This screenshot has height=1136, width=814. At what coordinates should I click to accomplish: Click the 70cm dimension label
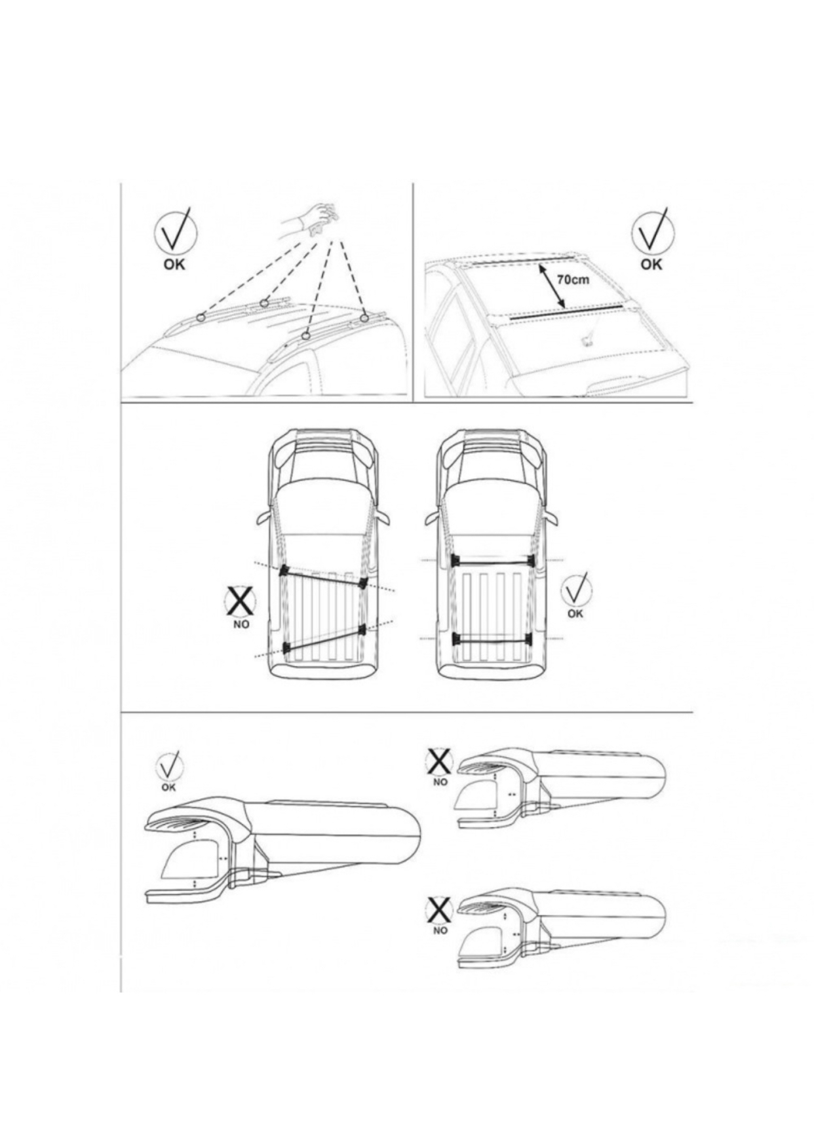(573, 279)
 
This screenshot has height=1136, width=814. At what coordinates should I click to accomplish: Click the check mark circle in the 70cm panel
(653, 232)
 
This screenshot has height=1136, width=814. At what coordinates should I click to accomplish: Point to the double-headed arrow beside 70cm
(552, 285)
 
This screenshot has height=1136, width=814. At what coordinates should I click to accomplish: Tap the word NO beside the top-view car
(241, 624)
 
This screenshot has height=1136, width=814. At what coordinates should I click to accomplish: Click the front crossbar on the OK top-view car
(492, 561)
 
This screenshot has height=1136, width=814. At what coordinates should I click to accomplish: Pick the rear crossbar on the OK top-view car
(492, 638)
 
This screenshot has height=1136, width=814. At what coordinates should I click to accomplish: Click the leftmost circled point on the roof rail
(201, 317)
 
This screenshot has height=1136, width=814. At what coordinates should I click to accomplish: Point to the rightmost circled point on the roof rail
(365, 318)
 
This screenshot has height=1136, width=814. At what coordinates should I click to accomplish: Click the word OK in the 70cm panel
(651, 264)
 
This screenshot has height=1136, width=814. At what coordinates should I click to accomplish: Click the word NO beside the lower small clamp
(440, 930)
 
